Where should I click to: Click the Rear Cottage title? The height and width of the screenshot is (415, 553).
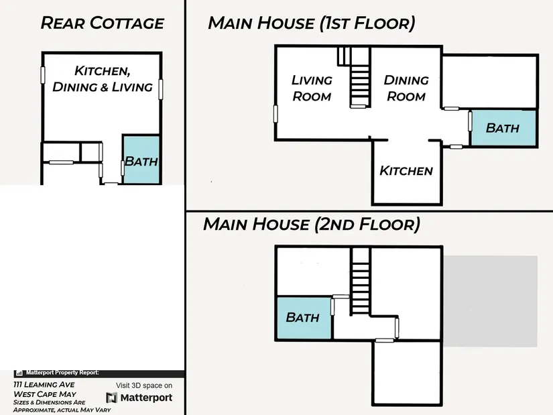pyautogui.click(x=103, y=23)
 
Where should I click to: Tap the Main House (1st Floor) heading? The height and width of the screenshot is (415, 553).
pyautogui.click(x=312, y=23)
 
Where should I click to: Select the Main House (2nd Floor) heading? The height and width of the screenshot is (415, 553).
pyautogui.click(x=312, y=224)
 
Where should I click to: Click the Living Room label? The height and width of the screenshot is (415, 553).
pyautogui.click(x=312, y=88)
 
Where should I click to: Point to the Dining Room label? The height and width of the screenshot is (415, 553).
pyautogui.click(x=406, y=88)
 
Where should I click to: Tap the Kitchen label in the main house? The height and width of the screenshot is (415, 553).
pyautogui.click(x=406, y=171)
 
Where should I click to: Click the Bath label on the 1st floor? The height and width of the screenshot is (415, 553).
pyautogui.click(x=503, y=128)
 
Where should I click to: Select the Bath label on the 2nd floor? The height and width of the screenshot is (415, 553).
pyautogui.click(x=302, y=317)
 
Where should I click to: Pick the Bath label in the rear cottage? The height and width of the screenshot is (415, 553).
pyautogui.click(x=141, y=162)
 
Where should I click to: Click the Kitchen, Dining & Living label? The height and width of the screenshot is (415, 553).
pyautogui.click(x=103, y=78)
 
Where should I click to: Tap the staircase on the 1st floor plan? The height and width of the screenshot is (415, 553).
pyautogui.click(x=360, y=77)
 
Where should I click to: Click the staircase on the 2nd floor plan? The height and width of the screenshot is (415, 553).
pyautogui.click(x=361, y=282)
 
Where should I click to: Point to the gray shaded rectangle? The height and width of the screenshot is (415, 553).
pyautogui.click(x=490, y=302)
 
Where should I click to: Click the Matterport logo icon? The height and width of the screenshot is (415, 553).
pyautogui.click(x=111, y=398)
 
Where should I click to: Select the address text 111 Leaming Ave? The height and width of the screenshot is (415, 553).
pyautogui.click(x=44, y=385)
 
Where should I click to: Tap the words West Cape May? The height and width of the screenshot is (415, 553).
pyautogui.click(x=45, y=394)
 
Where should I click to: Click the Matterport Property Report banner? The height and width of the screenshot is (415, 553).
pyautogui.click(x=99, y=373)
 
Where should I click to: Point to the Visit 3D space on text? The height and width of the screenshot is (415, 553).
pyautogui.click(x=144, y=386)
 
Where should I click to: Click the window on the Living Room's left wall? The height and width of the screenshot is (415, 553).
pyautogui.click(x=275, y=114)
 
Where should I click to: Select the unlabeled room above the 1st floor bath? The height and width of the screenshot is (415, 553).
pyautogui.click(x=490, y=82)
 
